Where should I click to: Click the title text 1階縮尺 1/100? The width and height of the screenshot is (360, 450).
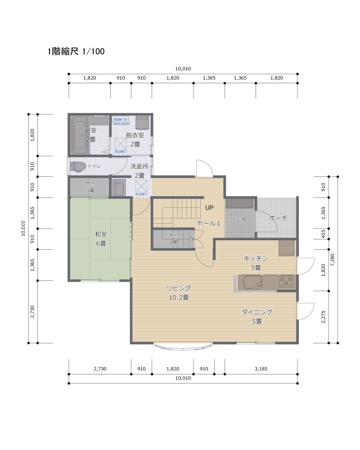click(76, 52)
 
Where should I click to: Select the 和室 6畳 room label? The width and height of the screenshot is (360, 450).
click(100, 238)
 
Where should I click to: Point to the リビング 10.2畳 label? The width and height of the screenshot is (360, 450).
click(178, 292)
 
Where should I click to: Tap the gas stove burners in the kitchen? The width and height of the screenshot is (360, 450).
click(286, 282)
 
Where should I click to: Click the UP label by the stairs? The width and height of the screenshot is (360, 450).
click(209, 208)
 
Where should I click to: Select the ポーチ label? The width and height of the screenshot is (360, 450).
click(278, 218)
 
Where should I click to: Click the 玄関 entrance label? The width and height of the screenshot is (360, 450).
click(241, 220)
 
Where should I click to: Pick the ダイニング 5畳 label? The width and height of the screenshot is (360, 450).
click(256, 316)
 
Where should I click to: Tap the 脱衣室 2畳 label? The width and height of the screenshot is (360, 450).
click(135, 139)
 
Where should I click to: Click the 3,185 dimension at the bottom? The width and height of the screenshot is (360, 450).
click(261, 369)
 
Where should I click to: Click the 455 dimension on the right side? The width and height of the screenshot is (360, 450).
click(324, 233)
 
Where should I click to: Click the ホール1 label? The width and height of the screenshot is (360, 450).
click(208, 223)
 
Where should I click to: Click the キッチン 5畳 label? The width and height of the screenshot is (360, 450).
click(256, 263)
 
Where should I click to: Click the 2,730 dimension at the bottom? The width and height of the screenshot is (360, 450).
click(100, 369)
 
